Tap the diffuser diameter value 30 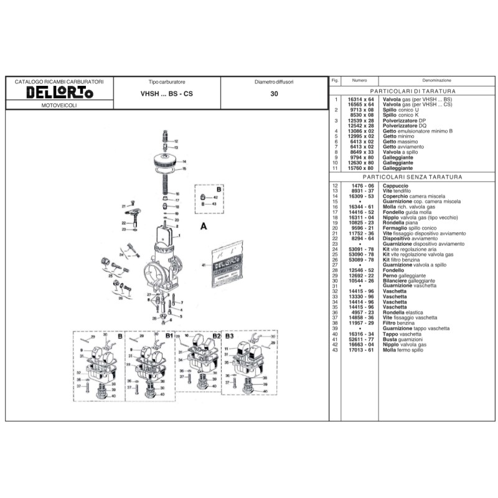274,95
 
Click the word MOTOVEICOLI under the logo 59,108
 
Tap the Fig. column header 335,80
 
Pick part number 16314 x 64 361,100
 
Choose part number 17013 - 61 361,349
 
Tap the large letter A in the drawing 203,227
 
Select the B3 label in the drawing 230,336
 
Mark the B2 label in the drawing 216,336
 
